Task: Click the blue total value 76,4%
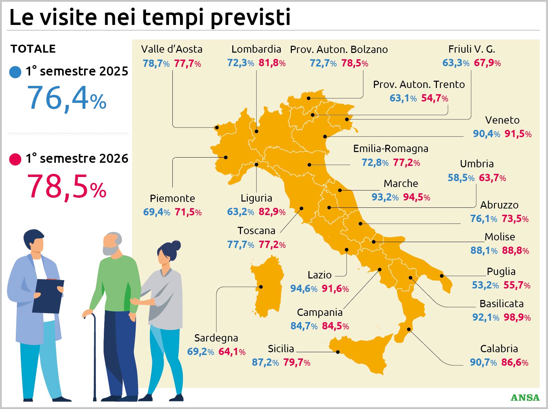[x=67, y=98]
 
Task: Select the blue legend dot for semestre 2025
[x=15, y=72]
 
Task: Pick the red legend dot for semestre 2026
[x=15, y=159]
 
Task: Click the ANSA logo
[x=525, y=398]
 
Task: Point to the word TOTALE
[x=33, y=49]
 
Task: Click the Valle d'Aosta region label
[x=172, y=49]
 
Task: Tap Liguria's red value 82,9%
[x=272, y=212]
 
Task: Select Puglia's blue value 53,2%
[x=485, y=285]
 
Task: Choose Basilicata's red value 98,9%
[x=517, y=317]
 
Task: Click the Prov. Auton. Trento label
[x=419, y=85]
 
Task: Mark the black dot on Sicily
[x=338, y=352]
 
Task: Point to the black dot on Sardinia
[x=261, y=287]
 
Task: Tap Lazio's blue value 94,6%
[x=304, y=288]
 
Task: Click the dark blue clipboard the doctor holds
[x=48, y=296]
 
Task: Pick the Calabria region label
[x=499, y=349]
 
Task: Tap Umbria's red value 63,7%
[x=492, y=178]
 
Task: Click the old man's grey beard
[x=110, y=250]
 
